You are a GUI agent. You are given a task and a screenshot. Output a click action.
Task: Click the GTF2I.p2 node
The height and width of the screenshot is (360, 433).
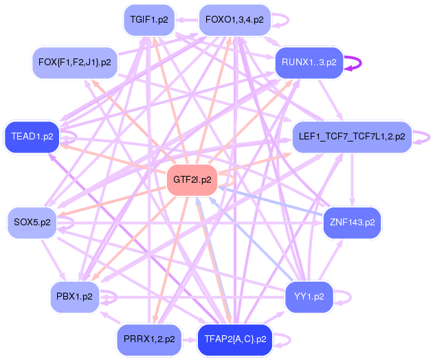click(x=192, y=181)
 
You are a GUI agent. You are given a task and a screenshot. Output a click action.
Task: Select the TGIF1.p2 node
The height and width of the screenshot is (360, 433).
click(x=148, y=20)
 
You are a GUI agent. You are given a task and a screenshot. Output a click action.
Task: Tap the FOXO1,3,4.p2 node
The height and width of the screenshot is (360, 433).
click(x=234, y=20)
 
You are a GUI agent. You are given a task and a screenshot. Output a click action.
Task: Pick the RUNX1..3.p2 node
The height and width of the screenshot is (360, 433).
click(x=309, y=63)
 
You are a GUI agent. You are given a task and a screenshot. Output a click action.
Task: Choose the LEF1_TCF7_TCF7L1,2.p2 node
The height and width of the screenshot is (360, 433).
click(x=352, y=136)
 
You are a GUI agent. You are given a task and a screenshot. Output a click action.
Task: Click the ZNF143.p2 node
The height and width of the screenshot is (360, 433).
click(x=352, y=223)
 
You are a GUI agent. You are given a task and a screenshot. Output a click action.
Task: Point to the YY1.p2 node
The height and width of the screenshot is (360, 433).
click(x=309, y=297)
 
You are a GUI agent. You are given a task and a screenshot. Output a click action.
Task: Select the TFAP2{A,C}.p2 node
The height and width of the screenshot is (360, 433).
click(x=235, y=339)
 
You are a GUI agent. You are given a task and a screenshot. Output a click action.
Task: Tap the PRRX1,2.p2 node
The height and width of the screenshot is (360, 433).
click(x=149, y=339)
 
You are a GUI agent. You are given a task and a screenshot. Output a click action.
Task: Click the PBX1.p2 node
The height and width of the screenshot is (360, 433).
click(x=75, y=297)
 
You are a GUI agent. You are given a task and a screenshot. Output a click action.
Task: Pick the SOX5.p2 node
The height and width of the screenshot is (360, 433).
click(x=32, y=223)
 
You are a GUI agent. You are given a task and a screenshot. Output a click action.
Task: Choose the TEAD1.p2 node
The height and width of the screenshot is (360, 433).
click(x=32, y=137)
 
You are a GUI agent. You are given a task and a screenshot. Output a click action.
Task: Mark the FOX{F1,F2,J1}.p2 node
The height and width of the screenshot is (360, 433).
click(x=75, y=63)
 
